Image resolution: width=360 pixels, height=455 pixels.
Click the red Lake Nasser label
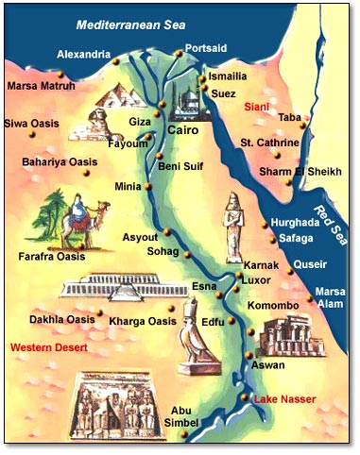(x=284, y=398)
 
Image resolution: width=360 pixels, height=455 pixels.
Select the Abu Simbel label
(x=185, y=416)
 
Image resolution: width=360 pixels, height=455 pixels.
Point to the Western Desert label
(x=48, y=348)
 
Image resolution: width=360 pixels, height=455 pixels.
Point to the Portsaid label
(x=207, y=47)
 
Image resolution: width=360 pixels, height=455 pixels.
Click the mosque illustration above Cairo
(x=185, y=95)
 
